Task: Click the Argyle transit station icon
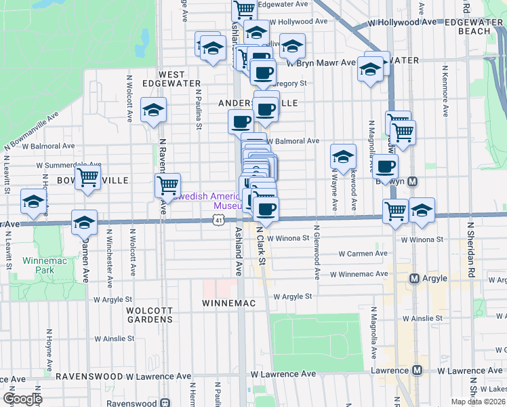[x=415, y=279]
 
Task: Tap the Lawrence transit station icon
[x=418, y=371]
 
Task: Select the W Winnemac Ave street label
[x=359, y=275]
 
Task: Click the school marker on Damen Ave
[x=84, y=222]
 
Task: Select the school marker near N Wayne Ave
[x=343, y=157]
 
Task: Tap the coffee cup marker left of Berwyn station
[x=385, y=166]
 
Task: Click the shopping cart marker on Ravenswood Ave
[x=167, y=185]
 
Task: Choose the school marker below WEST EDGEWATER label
[x=153, y=110]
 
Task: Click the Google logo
[x=23, y=399]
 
